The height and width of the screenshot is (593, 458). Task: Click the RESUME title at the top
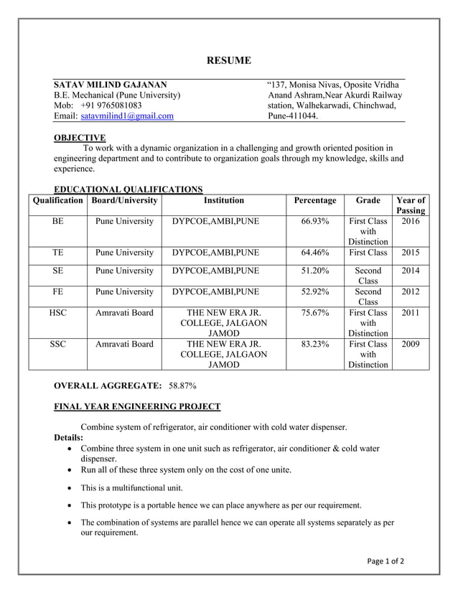point(229,60)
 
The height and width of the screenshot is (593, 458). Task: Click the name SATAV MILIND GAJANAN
point(111,85)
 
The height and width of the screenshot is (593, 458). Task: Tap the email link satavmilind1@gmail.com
point(127,116)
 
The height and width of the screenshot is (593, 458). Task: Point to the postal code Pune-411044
point(293,116)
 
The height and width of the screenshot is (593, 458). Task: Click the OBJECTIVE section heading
point(80,138)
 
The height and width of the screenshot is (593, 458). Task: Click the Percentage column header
point(315,200)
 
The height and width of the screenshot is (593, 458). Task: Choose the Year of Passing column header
point(411,205)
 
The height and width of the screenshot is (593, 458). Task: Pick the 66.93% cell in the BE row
point(315,222)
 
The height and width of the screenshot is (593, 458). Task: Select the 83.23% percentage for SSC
point(315,344)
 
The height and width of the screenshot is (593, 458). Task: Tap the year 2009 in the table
point(411,344)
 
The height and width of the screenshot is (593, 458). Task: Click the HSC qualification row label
point(58,313)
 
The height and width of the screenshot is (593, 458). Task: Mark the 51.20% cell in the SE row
point(315,271)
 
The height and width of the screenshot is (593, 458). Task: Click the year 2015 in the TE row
point(411,253)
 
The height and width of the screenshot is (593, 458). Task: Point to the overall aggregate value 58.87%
point(182,386)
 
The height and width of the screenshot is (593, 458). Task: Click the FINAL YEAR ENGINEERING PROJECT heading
point(137,406)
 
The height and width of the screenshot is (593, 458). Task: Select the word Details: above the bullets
point(69,437)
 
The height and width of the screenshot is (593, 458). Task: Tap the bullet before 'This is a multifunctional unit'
point(68,488)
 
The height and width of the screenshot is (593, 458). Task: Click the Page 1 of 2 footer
point(384,561)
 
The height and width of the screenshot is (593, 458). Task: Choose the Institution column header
point(224,200)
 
